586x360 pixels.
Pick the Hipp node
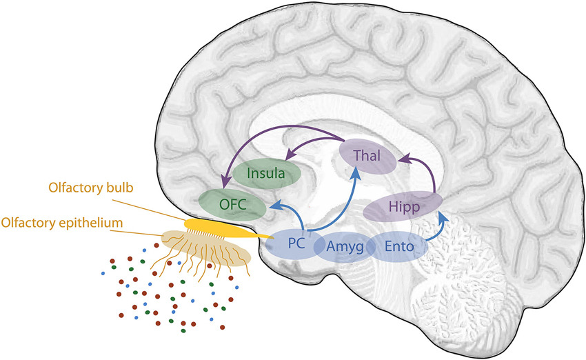pos(402,206)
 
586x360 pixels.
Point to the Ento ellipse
pos(399,246)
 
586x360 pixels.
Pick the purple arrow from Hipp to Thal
pos(427,169)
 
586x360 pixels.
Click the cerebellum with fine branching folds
pos(469,290)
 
